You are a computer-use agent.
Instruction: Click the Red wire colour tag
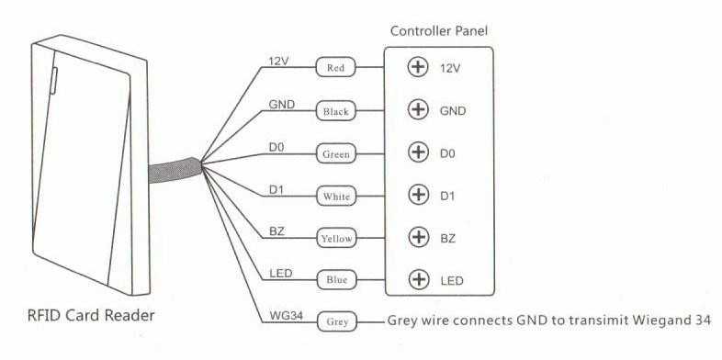pyautogui.click(x=335, y=68)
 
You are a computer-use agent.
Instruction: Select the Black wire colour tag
pyautogui.click(x=335, y=111)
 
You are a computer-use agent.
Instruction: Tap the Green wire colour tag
pyautogui.click(x=335, y=153)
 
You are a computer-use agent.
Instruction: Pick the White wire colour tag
pyautogui.click(x=336, y=197)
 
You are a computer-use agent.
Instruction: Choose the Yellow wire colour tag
pyautogui.click(x=336, y=239)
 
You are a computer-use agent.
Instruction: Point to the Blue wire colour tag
pyautogui.click(x=336, y=279)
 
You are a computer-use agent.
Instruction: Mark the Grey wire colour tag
pyautogui.click(x=336, y=321)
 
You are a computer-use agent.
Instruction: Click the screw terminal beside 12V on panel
pyautogui.click(x=418, y=68)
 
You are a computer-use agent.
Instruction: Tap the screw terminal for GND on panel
pyautogui.click(x=418, y=110)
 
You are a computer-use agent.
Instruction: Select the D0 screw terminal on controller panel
pyautogui.click(x=418, y=152)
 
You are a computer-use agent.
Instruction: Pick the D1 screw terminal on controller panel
pyautogui.click(x=419, y=195)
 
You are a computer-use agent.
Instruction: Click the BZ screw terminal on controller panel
pyautogui.click(x=419, y=237)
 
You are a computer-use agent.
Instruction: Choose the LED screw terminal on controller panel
pyautogui.click(x=419, y=279)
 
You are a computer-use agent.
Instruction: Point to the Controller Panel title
pyautogui.click(x=438, y=31)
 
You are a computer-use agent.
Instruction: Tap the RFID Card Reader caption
pyautogui.click(x=91, y=316)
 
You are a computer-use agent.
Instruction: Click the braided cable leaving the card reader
pyautogui.click(x=175, y=170)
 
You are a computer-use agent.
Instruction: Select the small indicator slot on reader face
pyautogui.click(x=53, y=81)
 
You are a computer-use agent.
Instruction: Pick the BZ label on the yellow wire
pyautogui.click(x=276, y=231)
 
